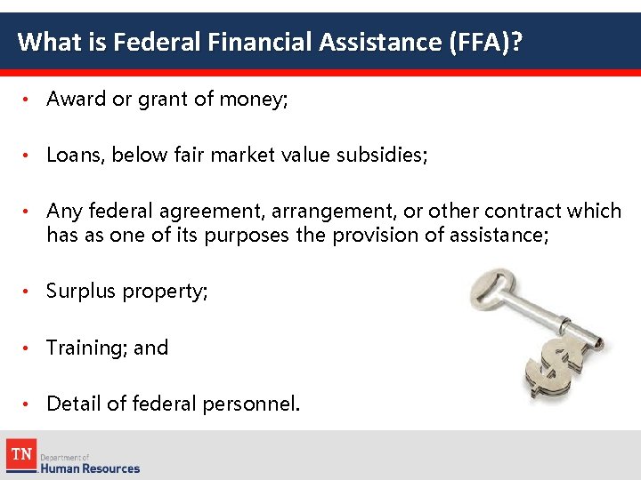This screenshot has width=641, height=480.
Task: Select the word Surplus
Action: point(79,292)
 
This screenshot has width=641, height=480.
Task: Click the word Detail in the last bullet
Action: point(74,404)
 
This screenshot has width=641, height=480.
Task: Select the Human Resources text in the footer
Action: point(90,468)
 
